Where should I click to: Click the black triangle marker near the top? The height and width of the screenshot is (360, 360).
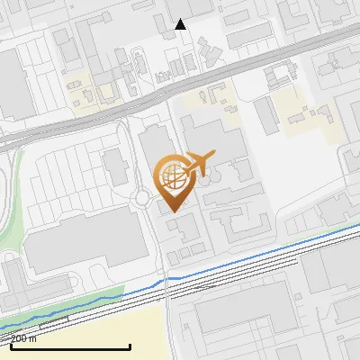[x=181, y=24]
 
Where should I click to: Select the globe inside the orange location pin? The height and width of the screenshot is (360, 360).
[x=173, y=176]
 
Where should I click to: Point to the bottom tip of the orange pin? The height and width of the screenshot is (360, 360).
[x=173, y=212]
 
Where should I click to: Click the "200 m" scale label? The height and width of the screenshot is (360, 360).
[x=23, y=339]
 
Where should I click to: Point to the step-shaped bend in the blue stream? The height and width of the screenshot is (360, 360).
[x=166, y=282]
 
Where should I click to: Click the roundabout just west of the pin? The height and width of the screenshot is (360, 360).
[x=142, y=198]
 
